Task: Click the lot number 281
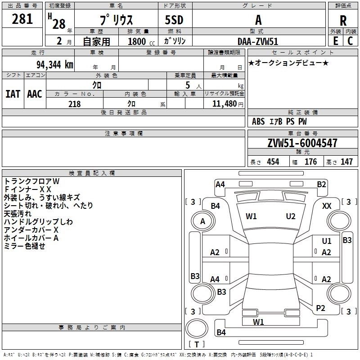[x=22, y=19]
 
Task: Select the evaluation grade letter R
[x=343, y=21]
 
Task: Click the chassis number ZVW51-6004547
[x=302, y=143]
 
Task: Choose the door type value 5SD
[x=174, y=20]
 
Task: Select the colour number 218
[x=74, y=104]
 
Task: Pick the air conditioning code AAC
[x=35, y=94]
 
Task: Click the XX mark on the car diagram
[x=327, y=206]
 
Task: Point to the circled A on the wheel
[x=202, y=221]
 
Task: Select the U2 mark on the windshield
[x=291, y=216]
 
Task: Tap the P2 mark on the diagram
[x=320, y=308]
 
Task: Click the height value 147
[x=346, y=162]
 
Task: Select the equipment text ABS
[x=258, y=121]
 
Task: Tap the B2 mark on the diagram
[x=321, y=184]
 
